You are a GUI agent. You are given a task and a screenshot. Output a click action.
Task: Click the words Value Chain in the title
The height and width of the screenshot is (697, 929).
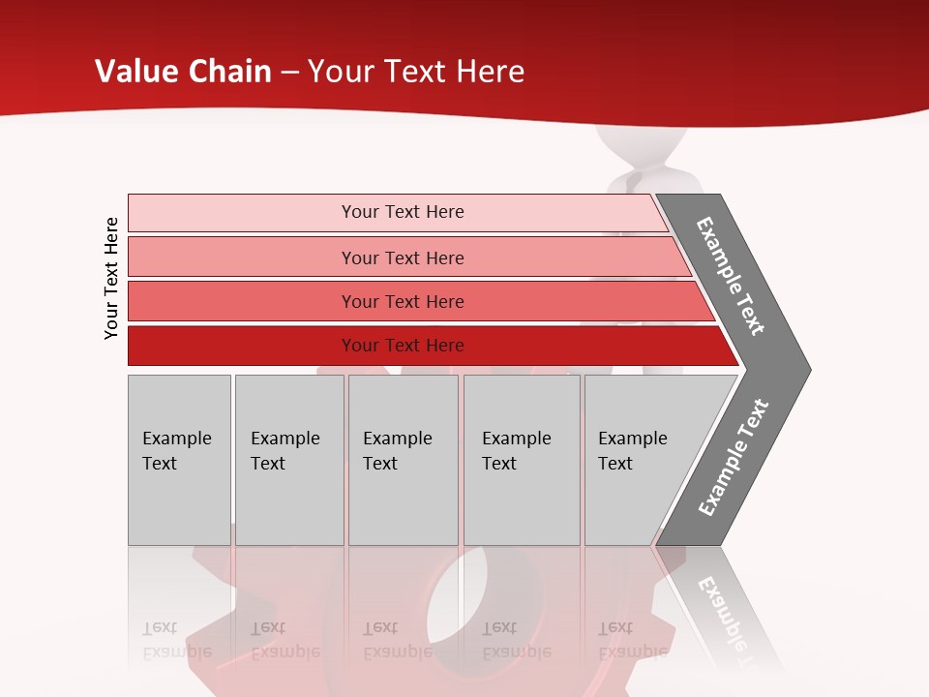(183, 72)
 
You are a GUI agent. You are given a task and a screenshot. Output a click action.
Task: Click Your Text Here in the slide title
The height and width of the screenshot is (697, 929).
(416, 72)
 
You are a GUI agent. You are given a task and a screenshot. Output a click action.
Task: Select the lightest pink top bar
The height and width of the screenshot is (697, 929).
(402, 212)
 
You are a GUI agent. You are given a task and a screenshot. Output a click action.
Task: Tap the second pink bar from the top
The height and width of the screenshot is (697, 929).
(402, 258)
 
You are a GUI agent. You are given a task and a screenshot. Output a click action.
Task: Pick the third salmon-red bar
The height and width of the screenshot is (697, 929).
(402, 301)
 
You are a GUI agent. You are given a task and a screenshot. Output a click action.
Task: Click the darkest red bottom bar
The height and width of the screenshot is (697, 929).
(402, 346)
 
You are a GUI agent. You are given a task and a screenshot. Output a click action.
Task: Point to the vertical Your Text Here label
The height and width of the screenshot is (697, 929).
(111, 278)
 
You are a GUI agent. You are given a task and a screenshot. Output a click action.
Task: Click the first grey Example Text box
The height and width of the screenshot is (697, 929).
(179, 459)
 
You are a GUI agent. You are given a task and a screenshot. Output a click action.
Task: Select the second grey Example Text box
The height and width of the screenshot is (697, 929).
(288, 459)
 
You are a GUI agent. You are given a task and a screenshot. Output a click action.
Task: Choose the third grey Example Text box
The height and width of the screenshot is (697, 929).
(402, 459)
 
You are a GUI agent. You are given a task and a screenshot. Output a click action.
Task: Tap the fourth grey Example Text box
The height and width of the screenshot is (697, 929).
(521, 459)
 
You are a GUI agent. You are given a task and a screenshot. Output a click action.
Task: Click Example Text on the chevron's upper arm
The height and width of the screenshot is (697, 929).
(731, 276)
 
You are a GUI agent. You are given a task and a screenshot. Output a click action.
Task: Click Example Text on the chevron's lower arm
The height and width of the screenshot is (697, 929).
(734, 458)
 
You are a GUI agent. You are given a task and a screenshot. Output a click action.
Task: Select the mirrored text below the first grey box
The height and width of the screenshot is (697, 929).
(176, 640)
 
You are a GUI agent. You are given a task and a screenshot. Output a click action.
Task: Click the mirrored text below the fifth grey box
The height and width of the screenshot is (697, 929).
(632, 640)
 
